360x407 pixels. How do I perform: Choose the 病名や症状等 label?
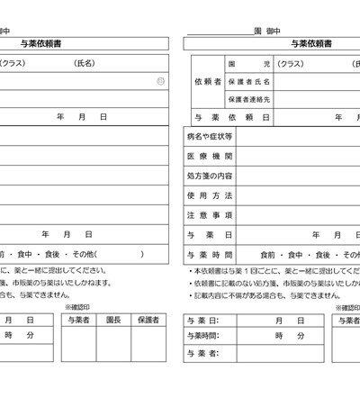coord(210,136)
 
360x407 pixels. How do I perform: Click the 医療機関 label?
coord(210,156)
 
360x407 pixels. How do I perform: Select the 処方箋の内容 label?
coord(210,176)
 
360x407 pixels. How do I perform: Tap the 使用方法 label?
coord(210,195)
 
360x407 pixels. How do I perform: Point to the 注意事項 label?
coord(210,215)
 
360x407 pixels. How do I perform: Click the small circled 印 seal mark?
coord(159,81)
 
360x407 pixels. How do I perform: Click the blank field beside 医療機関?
coord(297,156)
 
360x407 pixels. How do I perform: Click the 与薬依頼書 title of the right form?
coord(310,42)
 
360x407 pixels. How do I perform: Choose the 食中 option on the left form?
coord(25,254)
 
